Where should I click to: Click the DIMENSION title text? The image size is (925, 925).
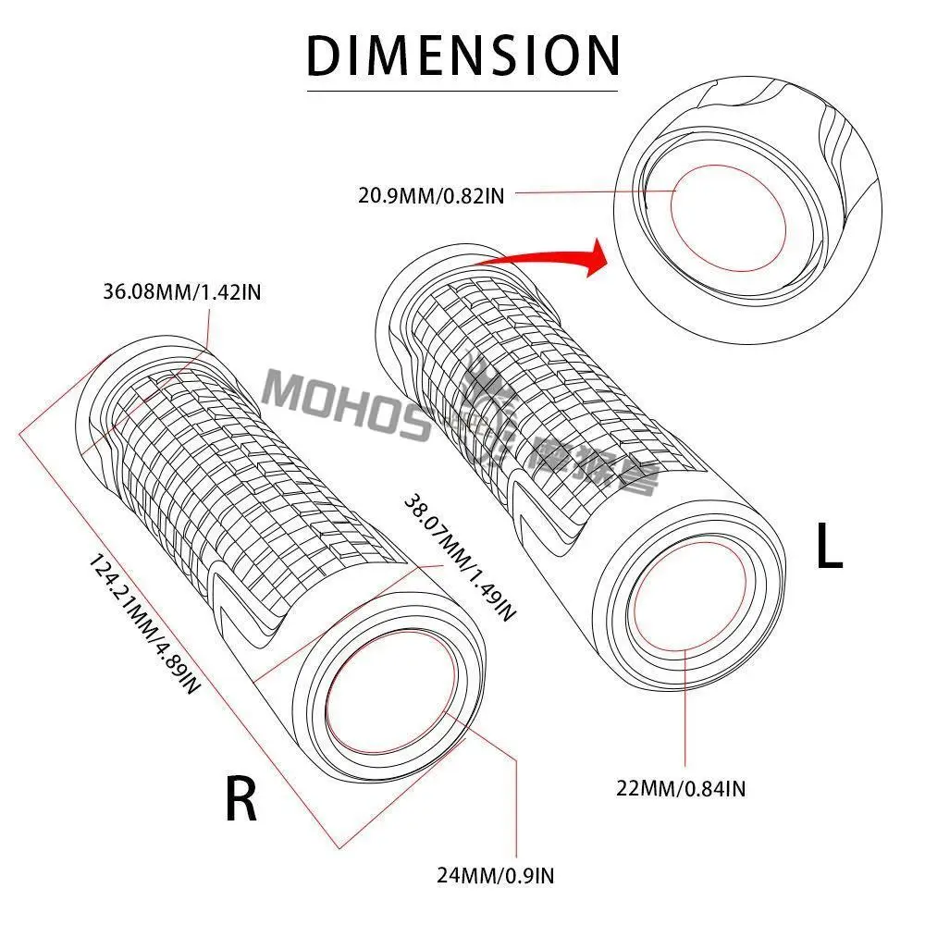[x=462, y=55]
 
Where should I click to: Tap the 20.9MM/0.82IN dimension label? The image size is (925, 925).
[x=430, y=194]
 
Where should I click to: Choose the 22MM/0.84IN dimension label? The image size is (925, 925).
[x=681, y=789]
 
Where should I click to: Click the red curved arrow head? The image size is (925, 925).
[x=595, y=254]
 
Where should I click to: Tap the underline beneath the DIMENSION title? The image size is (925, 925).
[x=462, y=91]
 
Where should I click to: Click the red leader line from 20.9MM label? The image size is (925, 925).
[x=592, y=193]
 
